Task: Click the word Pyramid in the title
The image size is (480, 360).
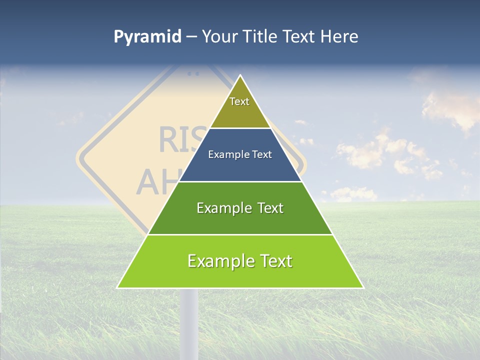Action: [x=147, y=37]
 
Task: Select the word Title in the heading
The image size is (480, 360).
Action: [x=259, y=37]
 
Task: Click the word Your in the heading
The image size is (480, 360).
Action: [x=220, y=37]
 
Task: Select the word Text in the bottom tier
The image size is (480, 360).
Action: [x=273, y=261]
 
